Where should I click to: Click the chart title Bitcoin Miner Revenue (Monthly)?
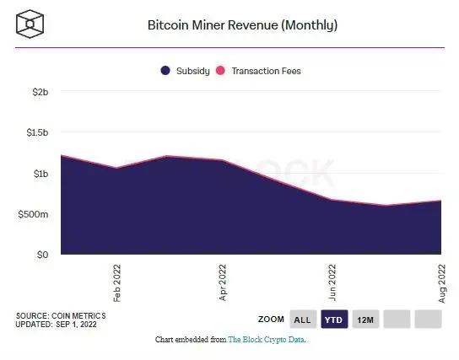click(x=242, y=24)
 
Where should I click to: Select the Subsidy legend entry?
click(x=193, y=72)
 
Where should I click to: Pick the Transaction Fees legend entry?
click(x=265, y=72)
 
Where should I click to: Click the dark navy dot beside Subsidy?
click(x=165, y=72)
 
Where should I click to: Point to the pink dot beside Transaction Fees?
click(x=222, y=72)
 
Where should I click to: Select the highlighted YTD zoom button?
click(x=334, y=320)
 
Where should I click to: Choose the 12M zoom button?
click(x=365, y=320)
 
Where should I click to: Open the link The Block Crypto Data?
click(x=267, y=340)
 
